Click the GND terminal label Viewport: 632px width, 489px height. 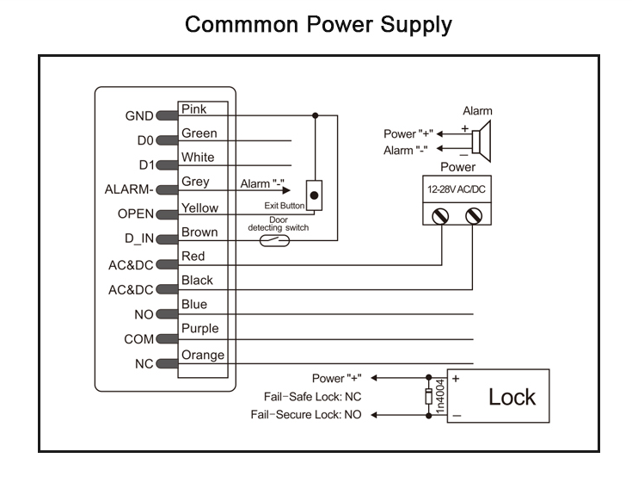click(138, 116)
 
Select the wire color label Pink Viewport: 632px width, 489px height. click(194, 109)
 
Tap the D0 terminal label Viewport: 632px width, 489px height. click(144, 140)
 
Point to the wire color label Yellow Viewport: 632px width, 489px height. click(199, 207)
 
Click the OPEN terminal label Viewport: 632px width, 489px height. click(135, 214)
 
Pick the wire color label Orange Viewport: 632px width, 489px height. click(203, 355)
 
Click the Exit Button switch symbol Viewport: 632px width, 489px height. click(315, 195)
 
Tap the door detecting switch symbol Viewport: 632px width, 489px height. click(280, 240)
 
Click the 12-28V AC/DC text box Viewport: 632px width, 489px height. click(457, 188)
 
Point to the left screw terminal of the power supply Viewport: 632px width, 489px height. click(442, 215)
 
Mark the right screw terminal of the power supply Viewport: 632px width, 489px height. click(472, 215)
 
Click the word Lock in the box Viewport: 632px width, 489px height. click(512, 397)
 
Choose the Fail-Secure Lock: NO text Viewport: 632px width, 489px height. click(306, 414)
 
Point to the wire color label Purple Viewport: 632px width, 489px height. click(199, 328)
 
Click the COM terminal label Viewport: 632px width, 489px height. click(138, 339)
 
